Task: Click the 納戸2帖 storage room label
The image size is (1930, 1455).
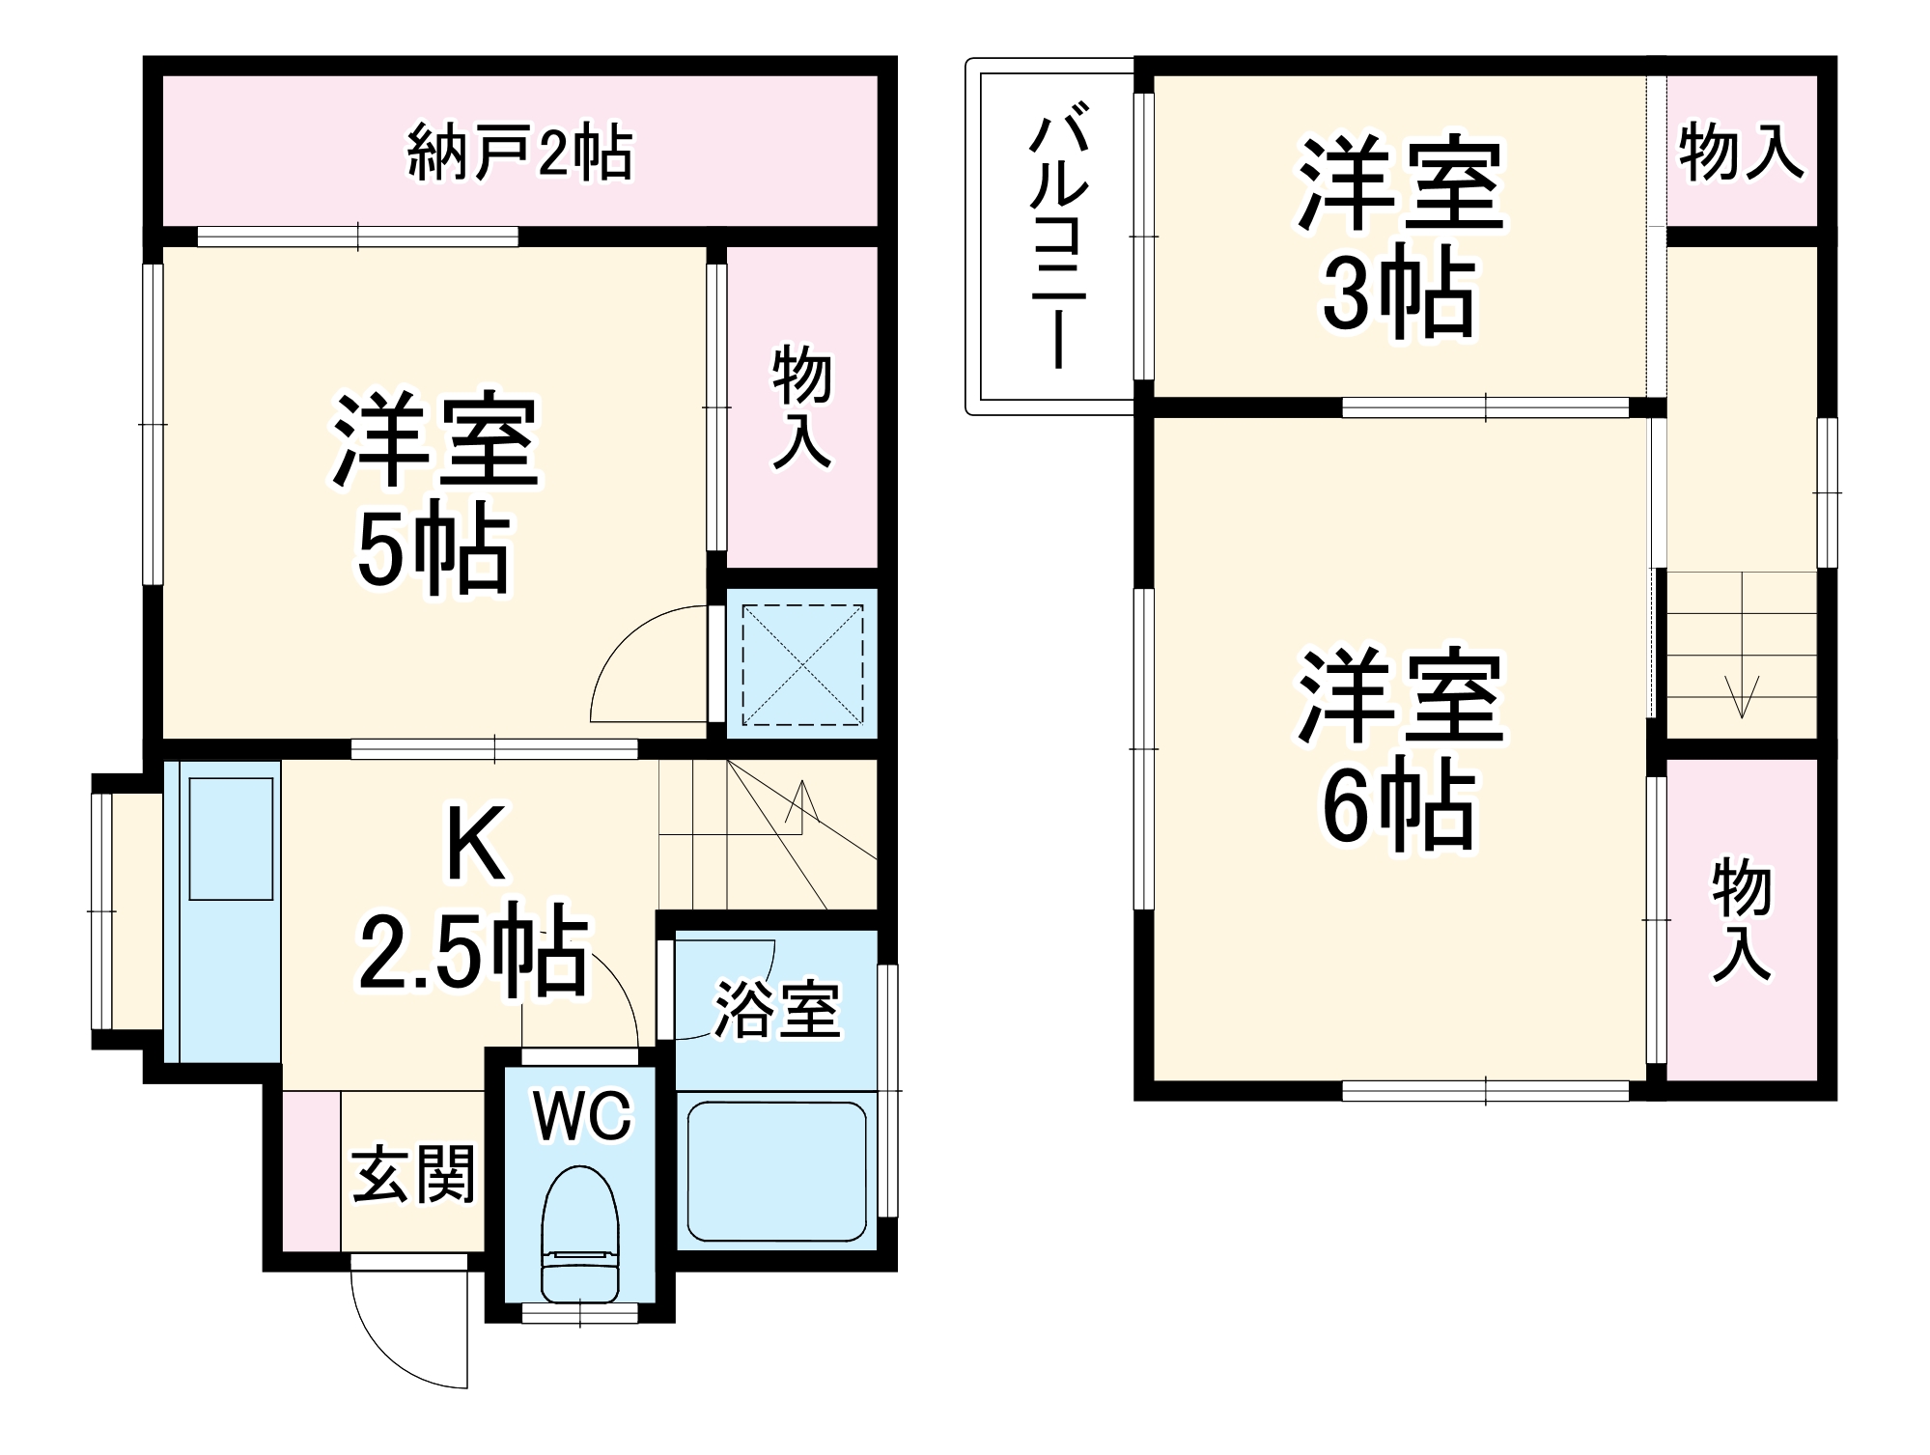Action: (x=519, y=153)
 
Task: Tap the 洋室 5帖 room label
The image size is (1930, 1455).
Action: (x=434, y=492)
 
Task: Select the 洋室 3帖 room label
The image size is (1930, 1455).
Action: (x=1399, y=238)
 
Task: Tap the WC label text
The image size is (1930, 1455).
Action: (x=582, y=1116)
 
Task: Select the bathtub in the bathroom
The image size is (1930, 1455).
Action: (x=776, y=1170)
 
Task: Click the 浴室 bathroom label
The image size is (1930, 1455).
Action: (x=777, y=1010)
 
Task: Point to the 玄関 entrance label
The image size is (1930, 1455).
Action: (x=414, y=1174)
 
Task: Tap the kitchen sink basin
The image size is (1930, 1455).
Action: (x=231, y=838)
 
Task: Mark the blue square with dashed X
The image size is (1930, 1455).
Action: (x=802, y=664)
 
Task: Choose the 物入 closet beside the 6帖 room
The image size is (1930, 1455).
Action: (x=1741, y=920)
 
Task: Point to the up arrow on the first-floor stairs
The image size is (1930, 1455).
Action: (x=802, y=801)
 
